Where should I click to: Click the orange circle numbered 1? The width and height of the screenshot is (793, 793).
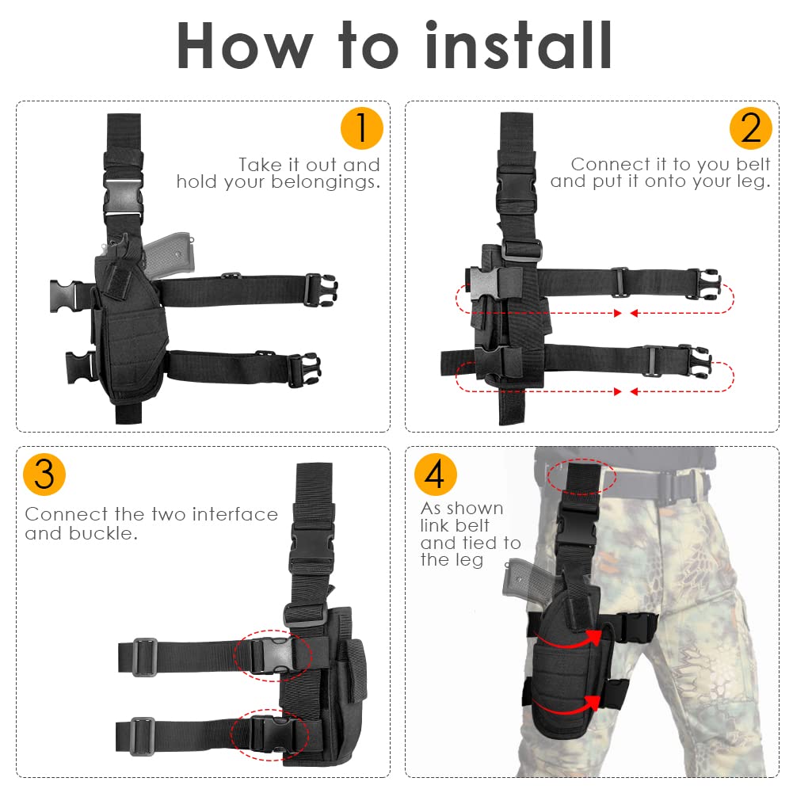click(x=361, y=128)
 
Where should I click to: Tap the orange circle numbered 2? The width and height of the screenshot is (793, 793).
click(x=751, y=128)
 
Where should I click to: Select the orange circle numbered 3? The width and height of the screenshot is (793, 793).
click(x=44, y=474)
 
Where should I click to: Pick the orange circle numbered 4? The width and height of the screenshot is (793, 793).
click(x=435, y=474)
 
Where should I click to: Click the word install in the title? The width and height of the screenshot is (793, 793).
click(x=519, y=45)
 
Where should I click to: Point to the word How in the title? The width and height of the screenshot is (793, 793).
click(x=244, y=47)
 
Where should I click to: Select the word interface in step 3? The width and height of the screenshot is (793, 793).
click(x=235, y=514)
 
